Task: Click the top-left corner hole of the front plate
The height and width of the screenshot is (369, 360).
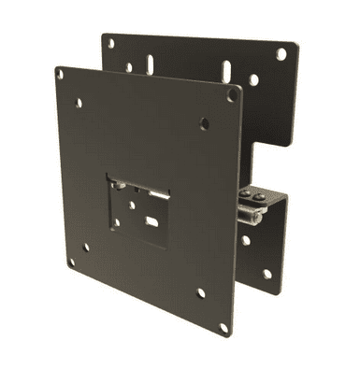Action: (x=61, y=73)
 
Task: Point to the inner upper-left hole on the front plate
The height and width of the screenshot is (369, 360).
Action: (x=79, y=103)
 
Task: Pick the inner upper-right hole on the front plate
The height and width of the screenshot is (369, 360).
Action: (x=204, y=123)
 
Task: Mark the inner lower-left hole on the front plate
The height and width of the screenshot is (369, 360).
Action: (x=86, y=248)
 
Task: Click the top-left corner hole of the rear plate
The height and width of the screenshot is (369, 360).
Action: (x=110, y=43)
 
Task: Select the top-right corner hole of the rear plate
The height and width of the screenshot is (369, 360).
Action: (x=281, y=54)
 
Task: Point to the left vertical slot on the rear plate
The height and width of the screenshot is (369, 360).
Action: (x=150, y=65)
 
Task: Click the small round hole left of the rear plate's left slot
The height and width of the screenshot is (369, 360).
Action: (x=129, y=66)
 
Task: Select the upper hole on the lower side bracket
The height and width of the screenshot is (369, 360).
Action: (x=246, y=240)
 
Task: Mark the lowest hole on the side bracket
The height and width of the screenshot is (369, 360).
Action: (x=266, y=274)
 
